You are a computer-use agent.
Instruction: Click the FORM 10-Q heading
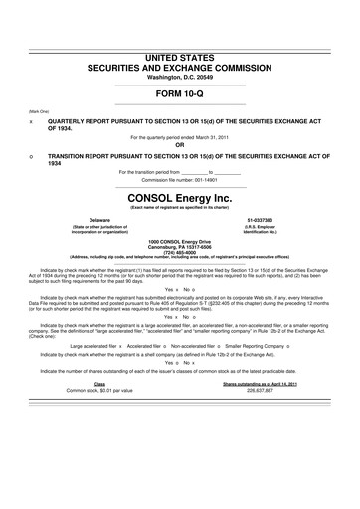(x=180, y=95)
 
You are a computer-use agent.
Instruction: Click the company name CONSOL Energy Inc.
(x=180, y=198)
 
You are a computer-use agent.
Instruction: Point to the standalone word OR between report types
(x=180, y=145)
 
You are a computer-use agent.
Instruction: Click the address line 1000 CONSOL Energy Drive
(x=179, y=240)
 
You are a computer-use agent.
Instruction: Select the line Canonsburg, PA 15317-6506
(x=179, y=246)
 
